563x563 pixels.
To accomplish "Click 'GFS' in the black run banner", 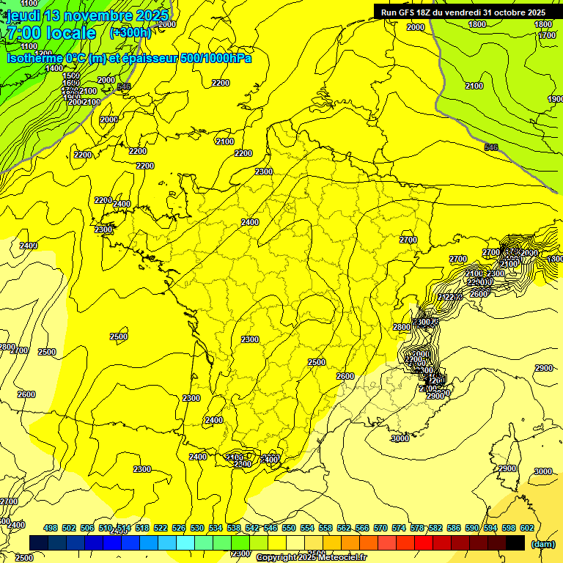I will (x=413, y=12).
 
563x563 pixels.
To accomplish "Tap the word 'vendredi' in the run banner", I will (x=465, y=12).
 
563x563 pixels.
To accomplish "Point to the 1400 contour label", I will (x=54, y=68).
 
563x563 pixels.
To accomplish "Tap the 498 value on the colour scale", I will (x=51, y=529).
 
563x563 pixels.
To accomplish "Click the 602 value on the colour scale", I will (x=526, y=529).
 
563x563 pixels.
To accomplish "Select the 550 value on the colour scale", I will (x=288, y=529).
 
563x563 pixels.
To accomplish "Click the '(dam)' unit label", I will (x=542, y=544).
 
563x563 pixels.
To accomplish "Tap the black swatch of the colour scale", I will (x=515, y=542).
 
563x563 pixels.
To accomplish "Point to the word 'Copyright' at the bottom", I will (x=276, y=558).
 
